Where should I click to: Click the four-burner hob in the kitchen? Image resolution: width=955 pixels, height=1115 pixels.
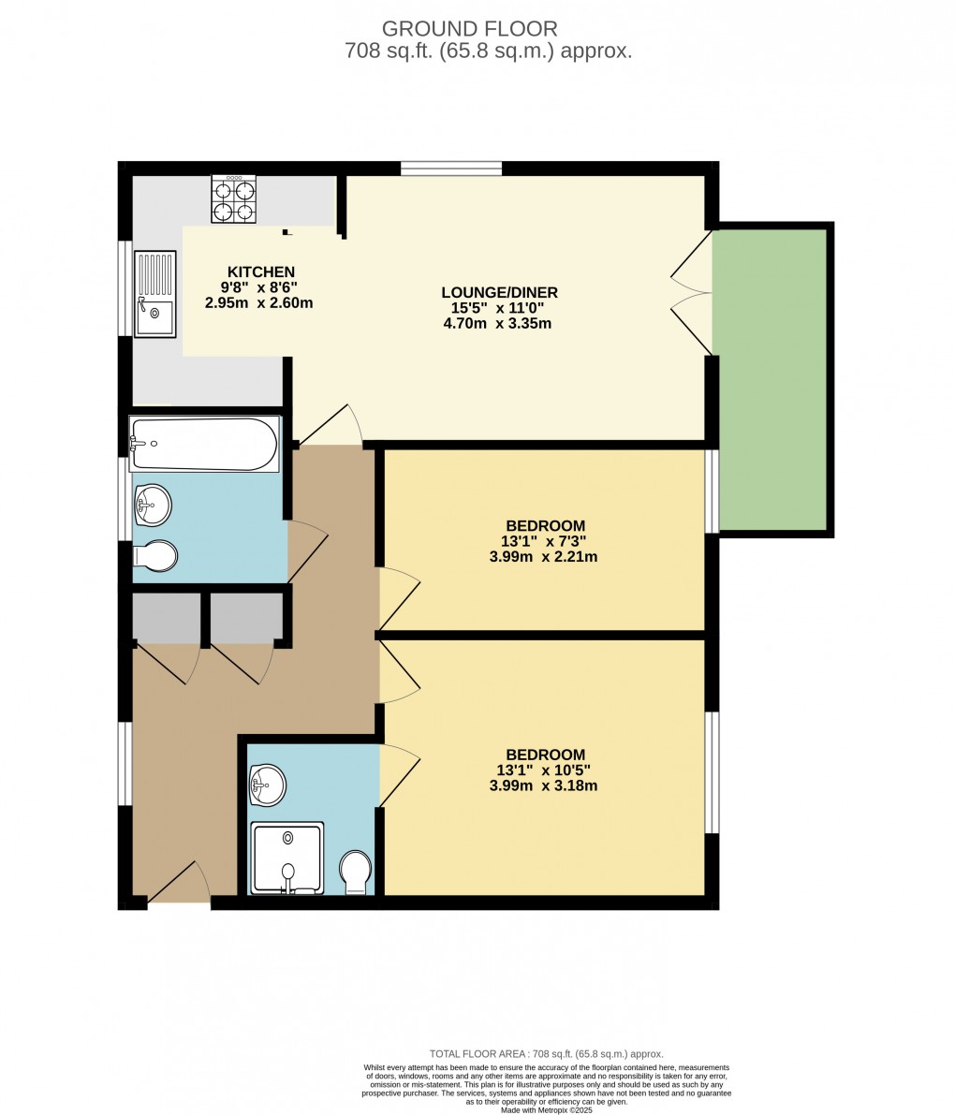pos(234,200)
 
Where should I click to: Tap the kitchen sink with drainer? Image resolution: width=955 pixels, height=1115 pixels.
pos(154,293)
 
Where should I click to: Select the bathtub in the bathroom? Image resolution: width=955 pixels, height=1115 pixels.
pos(205,444)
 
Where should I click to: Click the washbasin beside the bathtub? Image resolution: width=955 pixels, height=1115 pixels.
pos(153,506)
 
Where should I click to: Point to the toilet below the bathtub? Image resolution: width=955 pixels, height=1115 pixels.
pos(155,556)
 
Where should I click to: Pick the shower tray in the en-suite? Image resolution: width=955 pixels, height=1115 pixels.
pos(286,857)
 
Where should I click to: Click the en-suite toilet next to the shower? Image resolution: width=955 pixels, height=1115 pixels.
pos(356,872)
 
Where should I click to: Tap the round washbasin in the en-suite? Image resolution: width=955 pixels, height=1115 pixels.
pos(268,784)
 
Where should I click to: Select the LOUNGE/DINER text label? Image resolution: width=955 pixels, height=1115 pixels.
pos(499,292)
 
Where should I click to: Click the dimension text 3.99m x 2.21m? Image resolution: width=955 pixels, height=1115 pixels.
pos(543,556)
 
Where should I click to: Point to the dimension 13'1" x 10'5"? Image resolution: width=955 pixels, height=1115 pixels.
pos(543,770)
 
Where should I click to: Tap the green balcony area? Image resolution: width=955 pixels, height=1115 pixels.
pos(770,379)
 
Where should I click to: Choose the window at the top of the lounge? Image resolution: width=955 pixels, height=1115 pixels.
pos(451,169)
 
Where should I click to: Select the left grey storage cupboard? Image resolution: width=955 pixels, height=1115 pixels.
pos(167,617)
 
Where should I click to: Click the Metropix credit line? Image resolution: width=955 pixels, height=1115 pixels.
pos(547,1110)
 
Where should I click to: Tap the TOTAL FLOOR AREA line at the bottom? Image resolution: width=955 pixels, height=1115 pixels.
pos(546,1053)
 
